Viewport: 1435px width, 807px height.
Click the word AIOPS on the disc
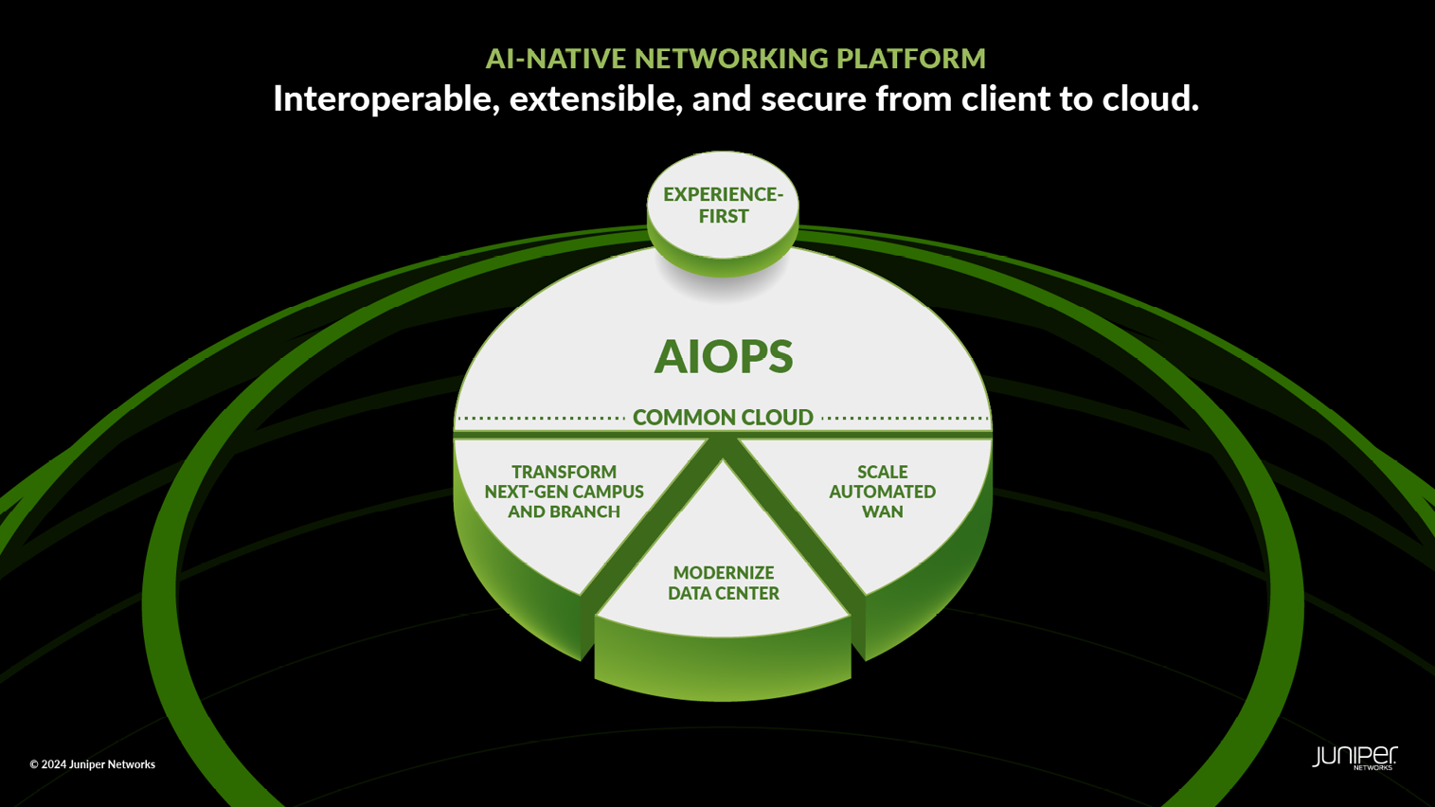click(724, 357)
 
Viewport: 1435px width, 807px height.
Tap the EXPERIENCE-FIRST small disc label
click(723, 205)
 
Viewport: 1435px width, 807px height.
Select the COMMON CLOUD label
click(723, 417)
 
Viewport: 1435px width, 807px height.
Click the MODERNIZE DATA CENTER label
click(724, 583)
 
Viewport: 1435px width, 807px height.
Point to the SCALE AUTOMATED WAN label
click(882, 492)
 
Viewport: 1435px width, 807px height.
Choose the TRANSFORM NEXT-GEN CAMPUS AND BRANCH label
click(564, 492)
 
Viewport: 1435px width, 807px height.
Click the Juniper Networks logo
click(1354, 757)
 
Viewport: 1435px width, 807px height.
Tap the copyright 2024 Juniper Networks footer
click(92, 764)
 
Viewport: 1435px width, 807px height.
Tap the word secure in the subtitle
click(813, 99)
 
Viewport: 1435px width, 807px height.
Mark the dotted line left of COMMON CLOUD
click(541, 418)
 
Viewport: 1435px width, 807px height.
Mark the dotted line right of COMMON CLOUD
click(905, 418)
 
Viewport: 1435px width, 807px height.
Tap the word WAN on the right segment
click(882, 511)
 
